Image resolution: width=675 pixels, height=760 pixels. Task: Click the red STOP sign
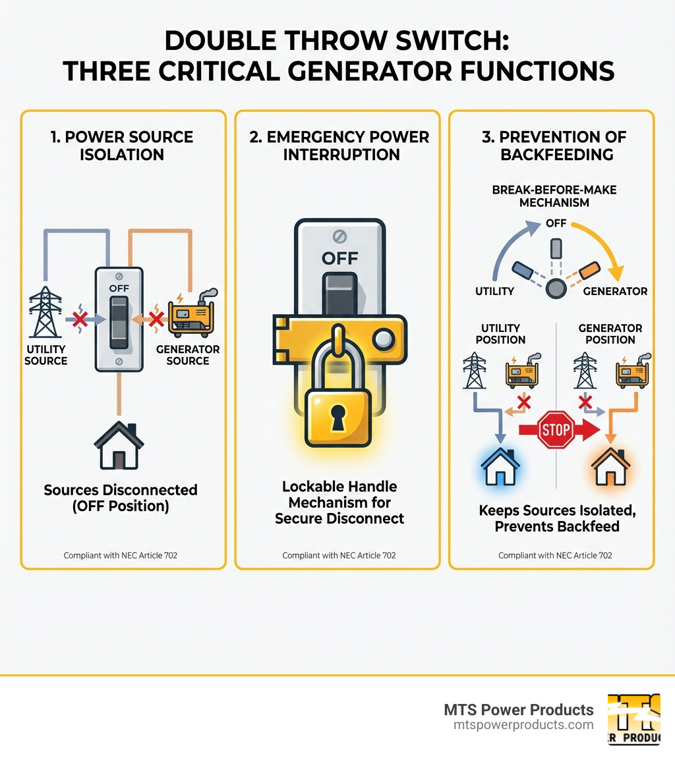click(x=556, y=430)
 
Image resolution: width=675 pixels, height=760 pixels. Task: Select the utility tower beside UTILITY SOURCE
click(x=45, y=315)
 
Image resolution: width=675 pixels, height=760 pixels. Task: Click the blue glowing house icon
click(x=500, y=466)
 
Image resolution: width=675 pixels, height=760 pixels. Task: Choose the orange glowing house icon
click(x=610, y=466)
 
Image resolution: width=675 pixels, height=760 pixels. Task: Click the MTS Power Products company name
click(x=519, y=709)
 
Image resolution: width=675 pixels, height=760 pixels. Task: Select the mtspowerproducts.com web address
click(x=523, y=724)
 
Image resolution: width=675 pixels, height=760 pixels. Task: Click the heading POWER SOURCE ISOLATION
click(x=123, y=146)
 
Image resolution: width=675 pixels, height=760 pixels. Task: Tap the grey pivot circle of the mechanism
click(x=556, y=288)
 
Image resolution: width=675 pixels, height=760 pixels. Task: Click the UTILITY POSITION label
click(x=500, y=334)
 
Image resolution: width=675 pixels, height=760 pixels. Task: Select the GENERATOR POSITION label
click(x=610, y=334)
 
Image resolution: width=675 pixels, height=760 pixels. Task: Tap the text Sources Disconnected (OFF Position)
click(x=121, y=497)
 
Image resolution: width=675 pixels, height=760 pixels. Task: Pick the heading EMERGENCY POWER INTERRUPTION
click(x=339, y=146)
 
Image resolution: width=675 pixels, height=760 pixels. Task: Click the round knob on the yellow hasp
click(x=382, y=340)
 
